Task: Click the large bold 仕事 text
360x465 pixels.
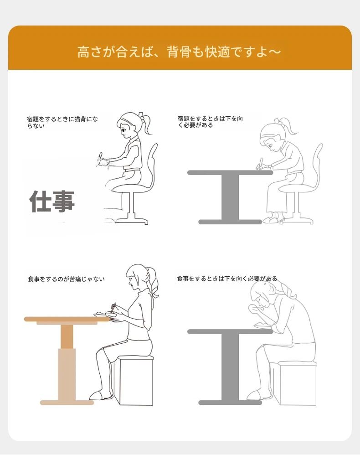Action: (52, 201)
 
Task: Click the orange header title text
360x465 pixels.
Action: (179, 52)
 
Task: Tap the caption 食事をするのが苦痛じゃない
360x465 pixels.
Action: (66, 279)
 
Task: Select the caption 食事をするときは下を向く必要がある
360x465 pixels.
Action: (227, 279)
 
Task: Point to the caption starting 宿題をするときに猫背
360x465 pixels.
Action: (62, 122)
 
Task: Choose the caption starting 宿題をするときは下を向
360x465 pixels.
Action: (210, 122)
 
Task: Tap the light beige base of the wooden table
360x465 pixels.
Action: (67, 403)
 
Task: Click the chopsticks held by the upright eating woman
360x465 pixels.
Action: (113, 308)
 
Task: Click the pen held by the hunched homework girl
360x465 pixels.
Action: (260, 163)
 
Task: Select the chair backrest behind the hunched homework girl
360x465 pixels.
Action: (317, 165)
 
